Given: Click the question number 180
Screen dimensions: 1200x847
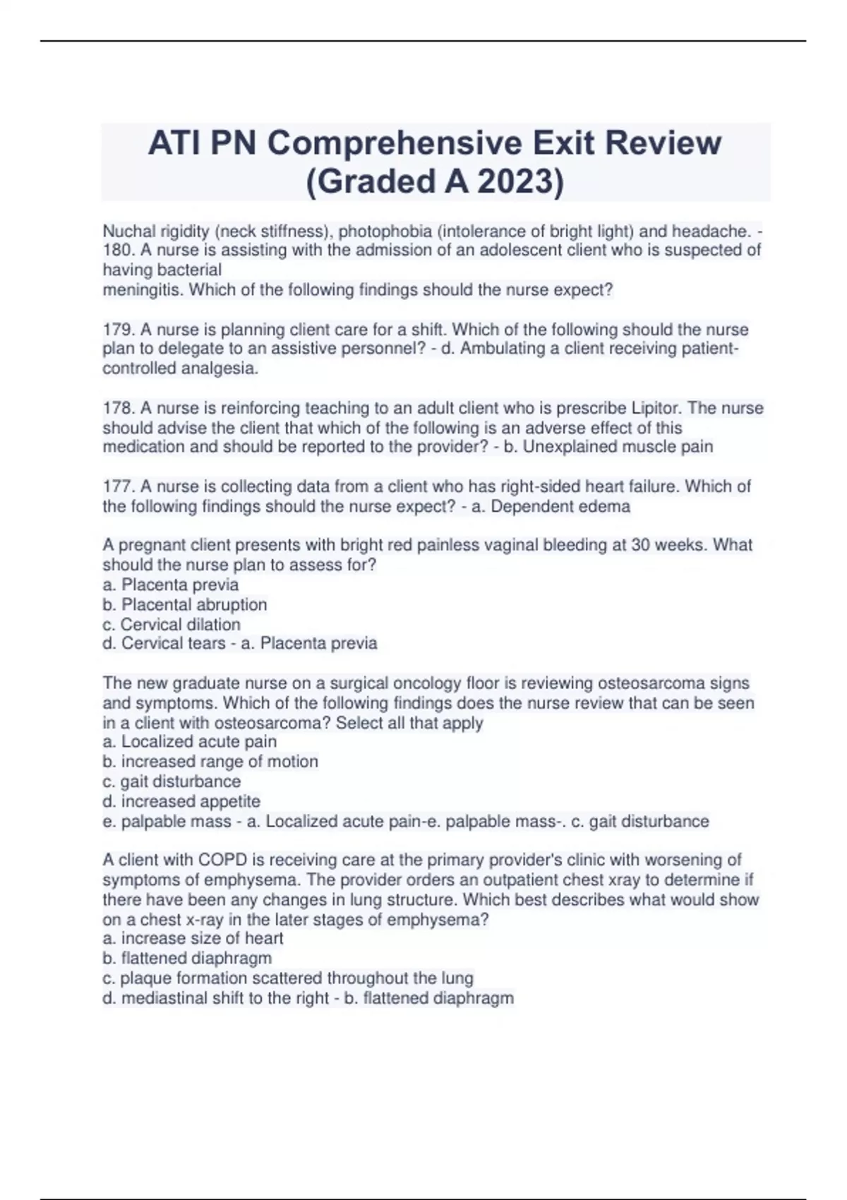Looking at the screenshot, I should (116, 250).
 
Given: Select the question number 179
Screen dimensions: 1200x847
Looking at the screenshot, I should (116, 330).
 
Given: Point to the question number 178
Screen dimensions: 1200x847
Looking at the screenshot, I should (116, 408).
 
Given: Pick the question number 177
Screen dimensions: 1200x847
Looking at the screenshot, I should (116, 486).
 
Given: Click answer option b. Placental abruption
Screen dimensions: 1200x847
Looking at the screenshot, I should (185, 604).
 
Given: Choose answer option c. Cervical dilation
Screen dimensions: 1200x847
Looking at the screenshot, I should (172, 624).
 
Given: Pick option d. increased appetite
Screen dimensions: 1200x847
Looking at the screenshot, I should (181, 801).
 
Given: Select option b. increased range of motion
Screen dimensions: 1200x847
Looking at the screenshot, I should (210, 762).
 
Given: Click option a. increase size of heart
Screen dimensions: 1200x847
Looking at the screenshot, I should (193, 938).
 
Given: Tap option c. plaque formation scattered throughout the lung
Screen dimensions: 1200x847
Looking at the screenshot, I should (288, 978).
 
